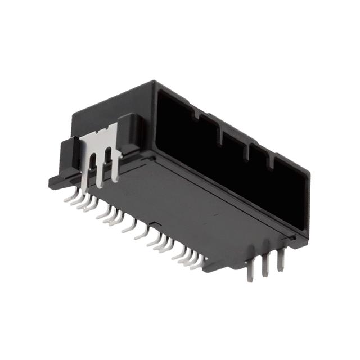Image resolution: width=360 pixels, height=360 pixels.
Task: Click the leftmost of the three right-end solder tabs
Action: tap(251, 267)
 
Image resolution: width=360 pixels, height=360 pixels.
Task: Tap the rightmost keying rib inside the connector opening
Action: tap(273, 163)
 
